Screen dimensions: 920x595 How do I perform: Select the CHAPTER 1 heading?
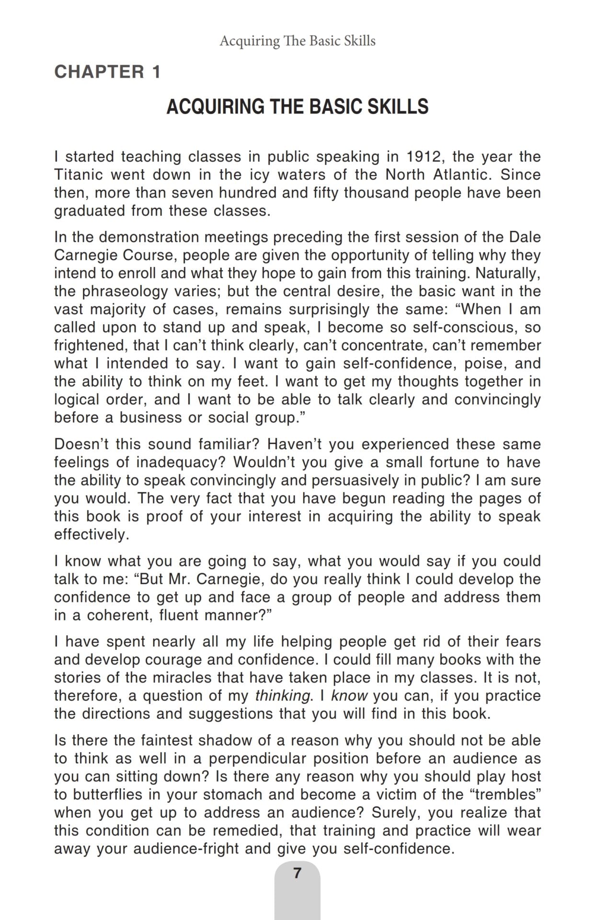coord(107,72)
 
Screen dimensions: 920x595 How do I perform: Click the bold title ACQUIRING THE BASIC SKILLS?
coord(297,106)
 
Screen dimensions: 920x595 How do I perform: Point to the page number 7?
coord(297,873)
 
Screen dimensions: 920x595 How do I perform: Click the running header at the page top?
coord(297,41)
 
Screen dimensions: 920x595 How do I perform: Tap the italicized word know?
coord(349,696)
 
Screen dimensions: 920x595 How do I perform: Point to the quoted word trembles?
coord(508,794)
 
